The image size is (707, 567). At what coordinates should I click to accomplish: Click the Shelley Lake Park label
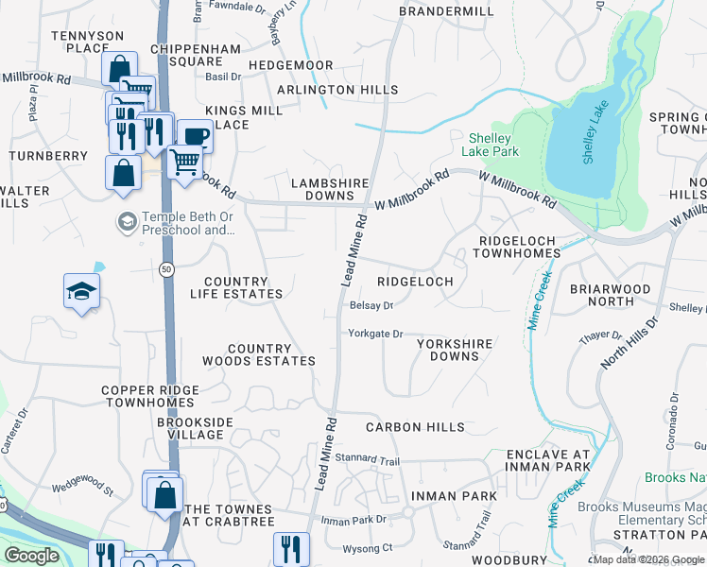click(491, 144)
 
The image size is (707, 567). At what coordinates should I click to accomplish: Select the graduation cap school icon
click(82, 291)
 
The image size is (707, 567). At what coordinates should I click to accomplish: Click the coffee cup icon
click(194, 137)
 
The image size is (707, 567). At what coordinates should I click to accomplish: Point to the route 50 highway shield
click(166, 270)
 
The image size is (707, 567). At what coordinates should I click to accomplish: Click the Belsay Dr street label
click(371, 305)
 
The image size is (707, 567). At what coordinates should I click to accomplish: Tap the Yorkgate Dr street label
click(375, 334)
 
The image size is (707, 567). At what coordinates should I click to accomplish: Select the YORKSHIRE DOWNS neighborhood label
click(455, 350)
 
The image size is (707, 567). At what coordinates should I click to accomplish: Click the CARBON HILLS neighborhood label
click(415, 427)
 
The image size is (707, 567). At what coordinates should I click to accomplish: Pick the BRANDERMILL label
click(446, 10)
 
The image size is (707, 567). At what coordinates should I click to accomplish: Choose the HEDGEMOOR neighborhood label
click(290, 65)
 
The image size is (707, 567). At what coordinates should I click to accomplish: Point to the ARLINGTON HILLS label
click(337, 90)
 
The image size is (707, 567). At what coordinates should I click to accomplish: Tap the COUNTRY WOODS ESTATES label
click(258, 354)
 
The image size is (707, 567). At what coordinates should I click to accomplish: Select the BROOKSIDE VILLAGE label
click(191, 429)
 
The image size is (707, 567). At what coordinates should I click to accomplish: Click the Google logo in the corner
click(31, 556)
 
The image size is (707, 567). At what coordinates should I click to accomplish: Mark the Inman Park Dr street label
click(354, 520)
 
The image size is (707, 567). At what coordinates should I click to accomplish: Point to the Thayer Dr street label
click(601, 335)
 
